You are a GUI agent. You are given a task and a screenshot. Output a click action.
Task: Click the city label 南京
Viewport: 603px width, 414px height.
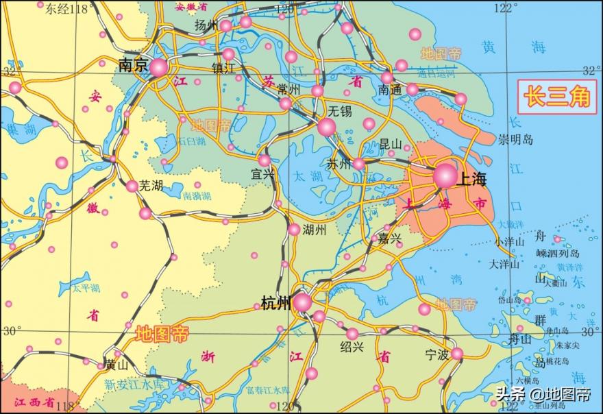pyautogui.click(x=133, y=65)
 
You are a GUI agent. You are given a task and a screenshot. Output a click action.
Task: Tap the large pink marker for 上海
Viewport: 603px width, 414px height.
pyautogui.click(x=445, y=176)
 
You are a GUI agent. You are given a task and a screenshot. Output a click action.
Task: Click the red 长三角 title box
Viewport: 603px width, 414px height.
pyautogui.click(x=556, y=97)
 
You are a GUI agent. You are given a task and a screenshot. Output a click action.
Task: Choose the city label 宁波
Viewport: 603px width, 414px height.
pyautogui.click(x=436, y=355)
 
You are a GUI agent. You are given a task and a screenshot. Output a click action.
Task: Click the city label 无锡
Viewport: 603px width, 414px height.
pyautogui.click(x=339, y=110)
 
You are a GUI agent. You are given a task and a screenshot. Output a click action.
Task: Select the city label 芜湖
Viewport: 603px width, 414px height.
pyautogui.click(x=152, y=186)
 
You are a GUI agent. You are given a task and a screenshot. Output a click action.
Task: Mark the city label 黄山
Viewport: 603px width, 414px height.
pyautogui.click(x=116, y=365)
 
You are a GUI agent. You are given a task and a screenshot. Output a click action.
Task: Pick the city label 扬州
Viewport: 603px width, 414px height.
pyautogui.click(x=206, y=25)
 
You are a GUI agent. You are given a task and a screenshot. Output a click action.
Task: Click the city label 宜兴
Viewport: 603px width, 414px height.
pyautogui.click(x=263, y=174)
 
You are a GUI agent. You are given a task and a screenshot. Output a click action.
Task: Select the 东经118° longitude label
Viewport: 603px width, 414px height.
pyautogui.click(x=69, y=9)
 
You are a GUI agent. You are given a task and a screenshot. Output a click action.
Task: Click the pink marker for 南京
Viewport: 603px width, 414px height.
pyautogui.click(x=158, y=67)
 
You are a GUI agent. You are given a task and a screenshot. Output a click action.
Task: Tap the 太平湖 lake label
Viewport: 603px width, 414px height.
pyautogui.click(x=86, y=289)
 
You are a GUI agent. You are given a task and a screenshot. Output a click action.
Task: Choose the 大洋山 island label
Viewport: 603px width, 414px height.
pyautogui.click(x=504, y=264)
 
